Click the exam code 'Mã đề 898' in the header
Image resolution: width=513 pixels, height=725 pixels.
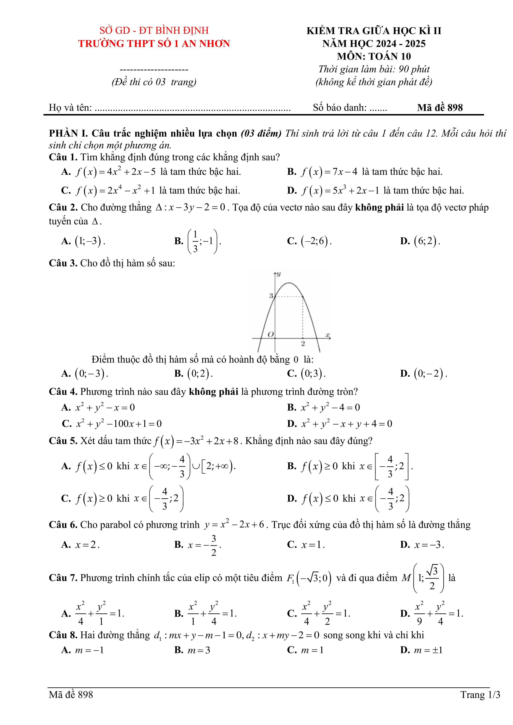[440, 108]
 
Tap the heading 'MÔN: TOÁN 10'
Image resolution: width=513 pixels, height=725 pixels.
[374, 56]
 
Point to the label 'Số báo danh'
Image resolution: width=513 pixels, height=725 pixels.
[340, 108]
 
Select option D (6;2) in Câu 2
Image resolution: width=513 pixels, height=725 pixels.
[427, 241]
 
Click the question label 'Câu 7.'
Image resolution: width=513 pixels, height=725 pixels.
[63, 578]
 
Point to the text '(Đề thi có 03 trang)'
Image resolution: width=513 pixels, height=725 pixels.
[154, 82]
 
